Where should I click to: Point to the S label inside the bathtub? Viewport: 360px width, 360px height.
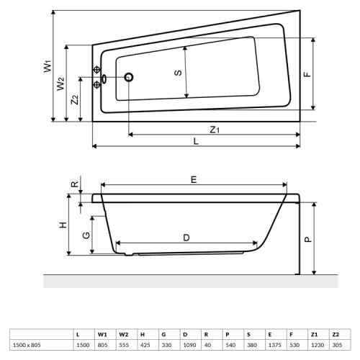(178, 72)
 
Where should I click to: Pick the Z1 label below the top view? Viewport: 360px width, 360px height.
(215, 129)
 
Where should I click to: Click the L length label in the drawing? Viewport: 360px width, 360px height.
(196, 142)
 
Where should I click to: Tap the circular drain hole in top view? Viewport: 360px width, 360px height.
(130, 77)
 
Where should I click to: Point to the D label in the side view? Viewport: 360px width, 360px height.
(185, 236)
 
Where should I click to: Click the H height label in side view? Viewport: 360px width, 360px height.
(63, 225)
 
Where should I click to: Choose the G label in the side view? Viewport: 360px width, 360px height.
(85, 235)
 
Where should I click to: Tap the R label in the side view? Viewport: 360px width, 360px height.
(75, 184)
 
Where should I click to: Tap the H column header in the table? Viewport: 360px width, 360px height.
(143, 335)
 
